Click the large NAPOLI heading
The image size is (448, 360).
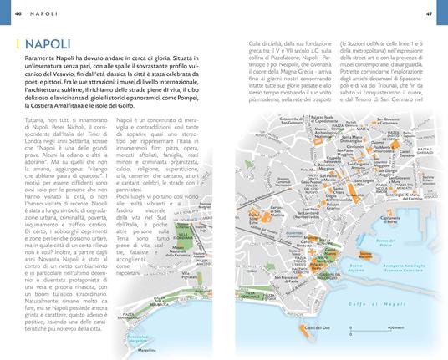(48, 43)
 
